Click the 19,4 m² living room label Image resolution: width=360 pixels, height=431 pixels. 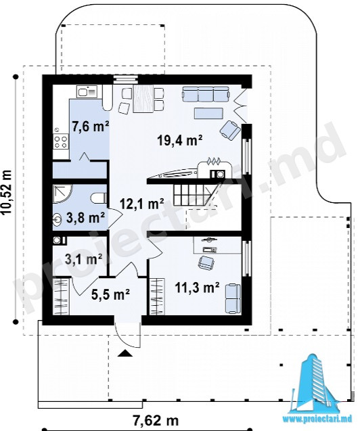pyautogui.click(x=180, y=142)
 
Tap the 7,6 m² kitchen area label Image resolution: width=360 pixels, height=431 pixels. pyautogui.click(x=91, y=127)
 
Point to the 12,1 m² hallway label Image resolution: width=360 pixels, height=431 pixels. pyautogui.click(x=142, y=205)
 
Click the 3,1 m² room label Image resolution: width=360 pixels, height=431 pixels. pyautogui.click(x=83, y=259)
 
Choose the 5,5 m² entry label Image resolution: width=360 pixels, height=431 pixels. pyautogui.click(x=110, y=295)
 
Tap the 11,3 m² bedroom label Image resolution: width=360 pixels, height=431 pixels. pyautogui.click(x=198, y=288)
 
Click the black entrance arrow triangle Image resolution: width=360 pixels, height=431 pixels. pyautogui.click(x=125, y=353)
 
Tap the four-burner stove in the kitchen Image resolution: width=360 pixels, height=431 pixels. pyautogui.click(x=61, y=141)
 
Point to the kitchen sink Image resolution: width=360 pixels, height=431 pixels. pyautogui.click(x=87, y=91)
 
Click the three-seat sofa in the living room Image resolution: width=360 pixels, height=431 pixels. pyautogui.click(x=205, y=94)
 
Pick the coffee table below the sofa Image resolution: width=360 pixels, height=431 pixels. pyautogui.click(x=208, y=113)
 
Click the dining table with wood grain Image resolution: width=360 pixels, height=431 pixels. pyautogui.click(x=143, y=98)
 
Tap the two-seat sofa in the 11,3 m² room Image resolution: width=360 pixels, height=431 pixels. pyautogui.click(x=233, y=298)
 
